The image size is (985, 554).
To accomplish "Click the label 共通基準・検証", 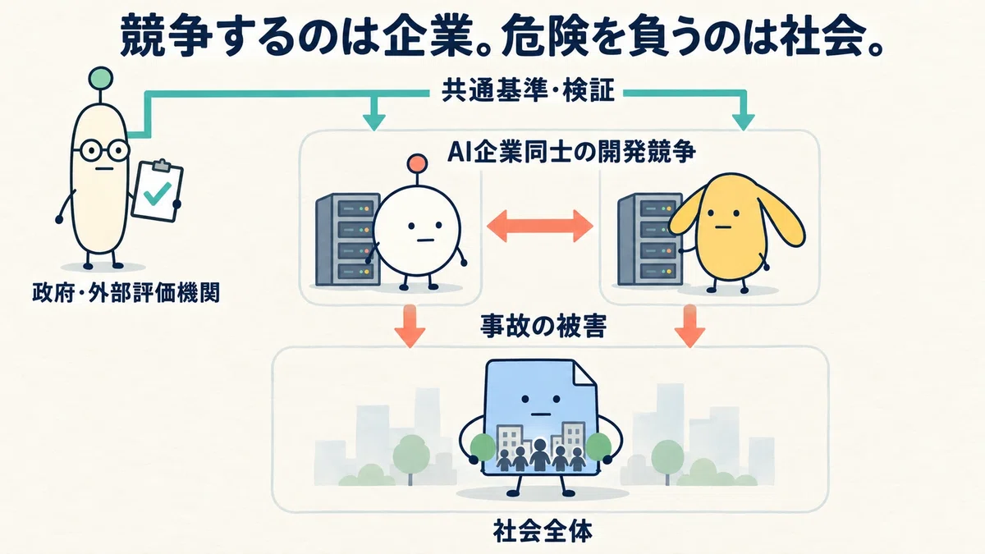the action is pos(528,92).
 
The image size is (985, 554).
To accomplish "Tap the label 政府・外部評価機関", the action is pos(126,293).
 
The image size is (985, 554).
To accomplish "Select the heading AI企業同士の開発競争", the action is pos(571,153).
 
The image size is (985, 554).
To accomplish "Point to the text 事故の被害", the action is pos(543,326).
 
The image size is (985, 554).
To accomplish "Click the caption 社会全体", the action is pos(543,532).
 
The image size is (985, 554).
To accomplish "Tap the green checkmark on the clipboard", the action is pos(157,194).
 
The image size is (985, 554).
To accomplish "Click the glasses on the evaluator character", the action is pos(100,151).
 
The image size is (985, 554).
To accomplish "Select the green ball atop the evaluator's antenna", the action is pos(101,79).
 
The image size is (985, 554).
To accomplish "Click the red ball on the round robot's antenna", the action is pos(417,163).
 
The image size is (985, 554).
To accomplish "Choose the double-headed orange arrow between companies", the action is pos(540,226).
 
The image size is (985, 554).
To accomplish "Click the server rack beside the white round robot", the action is pos(347,240).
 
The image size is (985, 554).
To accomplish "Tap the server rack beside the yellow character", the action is pos(649,240).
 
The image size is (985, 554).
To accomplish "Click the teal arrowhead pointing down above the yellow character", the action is pos(744,121).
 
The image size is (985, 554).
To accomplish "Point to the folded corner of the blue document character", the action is pos(584,373).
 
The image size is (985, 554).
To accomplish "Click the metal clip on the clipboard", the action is pos(162,165).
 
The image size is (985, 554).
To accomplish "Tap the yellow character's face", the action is pos(722,219).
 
